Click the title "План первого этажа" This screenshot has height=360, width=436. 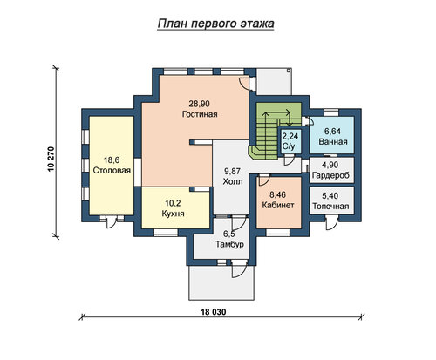pyautogui.click(x=215, y=24)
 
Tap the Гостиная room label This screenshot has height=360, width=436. pyautogui.click(x=200, y=114)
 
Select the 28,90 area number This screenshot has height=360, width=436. pyautogui.click(x=200, y=104)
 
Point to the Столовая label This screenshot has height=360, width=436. pyautogui.click(x=112, y=170)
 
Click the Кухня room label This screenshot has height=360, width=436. pyautogui.click(x=173, y=214)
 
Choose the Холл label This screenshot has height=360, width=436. pyautogui.click(x=233, y=181)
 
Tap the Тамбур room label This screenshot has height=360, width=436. pyautogui.click(x=229, y=244)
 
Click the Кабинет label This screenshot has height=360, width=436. pyautogui.click(x=278, y=205)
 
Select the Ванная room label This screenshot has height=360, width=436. pyautogui.click(x=333, y=142)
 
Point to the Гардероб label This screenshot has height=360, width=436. pyautogui.click(x=330, y=175)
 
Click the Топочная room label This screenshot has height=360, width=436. pyautogui.click(x=330, y=207)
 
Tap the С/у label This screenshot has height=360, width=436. pyautogui.click(x=289, y=146)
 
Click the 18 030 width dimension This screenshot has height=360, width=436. pyautogui.click(x=214, y=312)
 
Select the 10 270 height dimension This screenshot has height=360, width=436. pyautogui.click(x=51, y=160)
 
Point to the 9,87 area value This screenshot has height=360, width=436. pyautogui.click(x=233, y=171)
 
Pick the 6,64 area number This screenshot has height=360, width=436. pyautogui.click(x=332, y=132)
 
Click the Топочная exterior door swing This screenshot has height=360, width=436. pyautogui.click(x=330, y=224)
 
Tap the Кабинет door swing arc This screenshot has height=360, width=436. pyautogui.click(x=264, y=180)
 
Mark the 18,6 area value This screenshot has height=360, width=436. pyautogui.click(x=112, y=160)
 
